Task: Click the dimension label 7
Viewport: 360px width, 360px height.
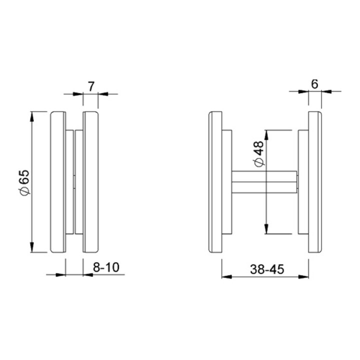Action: coord(91,87)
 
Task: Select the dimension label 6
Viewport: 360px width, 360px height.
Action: coord(314,84)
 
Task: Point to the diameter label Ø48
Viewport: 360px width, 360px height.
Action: coord(259,153)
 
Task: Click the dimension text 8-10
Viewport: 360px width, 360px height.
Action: coord(106,267)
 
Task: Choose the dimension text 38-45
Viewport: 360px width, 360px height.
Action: coord(267,269)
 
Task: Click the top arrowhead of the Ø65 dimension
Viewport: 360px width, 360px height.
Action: coord(32,116)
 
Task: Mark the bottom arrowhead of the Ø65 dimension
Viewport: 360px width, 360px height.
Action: coord(32,247)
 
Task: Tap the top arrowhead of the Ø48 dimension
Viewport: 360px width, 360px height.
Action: coord(266,135)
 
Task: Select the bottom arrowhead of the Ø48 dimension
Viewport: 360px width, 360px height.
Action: coord(266,229)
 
